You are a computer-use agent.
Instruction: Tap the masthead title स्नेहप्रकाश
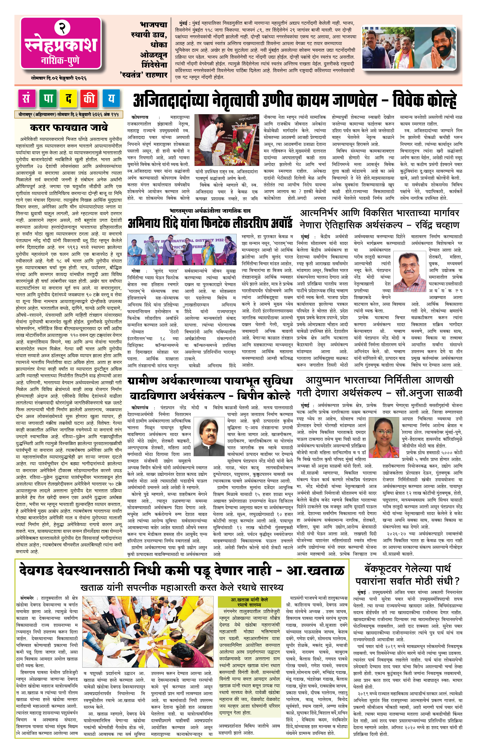click(x=61, y=45)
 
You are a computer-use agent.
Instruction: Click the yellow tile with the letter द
click(x=69, y=99)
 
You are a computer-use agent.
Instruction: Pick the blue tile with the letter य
click(x=111, y=99)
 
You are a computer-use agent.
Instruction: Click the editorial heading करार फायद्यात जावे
click(x=69, y=127)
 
